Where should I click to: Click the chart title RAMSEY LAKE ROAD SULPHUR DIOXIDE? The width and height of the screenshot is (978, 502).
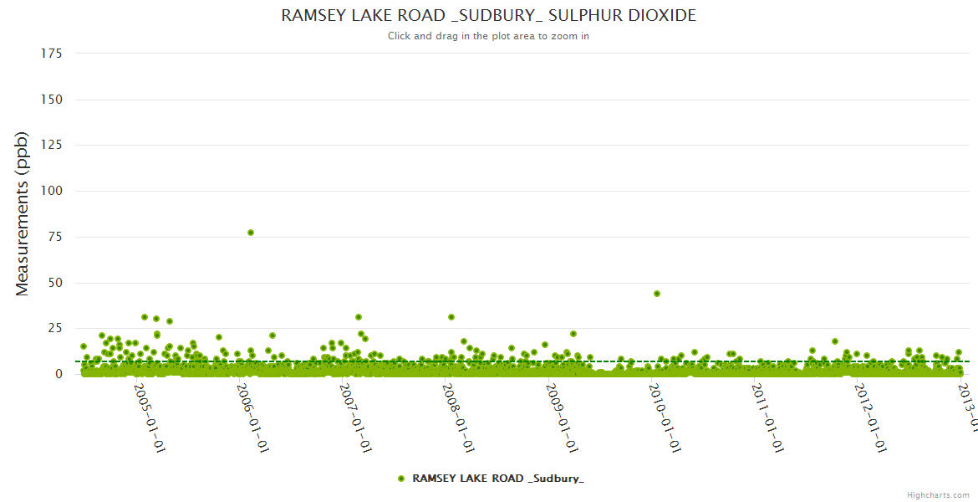488,16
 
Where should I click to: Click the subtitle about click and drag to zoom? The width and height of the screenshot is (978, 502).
488,36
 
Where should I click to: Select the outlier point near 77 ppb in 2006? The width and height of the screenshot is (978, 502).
251,233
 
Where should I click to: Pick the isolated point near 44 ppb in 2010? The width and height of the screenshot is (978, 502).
657,294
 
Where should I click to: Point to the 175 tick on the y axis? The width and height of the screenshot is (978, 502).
52,54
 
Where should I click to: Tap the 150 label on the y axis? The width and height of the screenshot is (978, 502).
52,100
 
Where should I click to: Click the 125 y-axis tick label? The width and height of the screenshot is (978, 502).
52,146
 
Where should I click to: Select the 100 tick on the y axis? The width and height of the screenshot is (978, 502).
52,191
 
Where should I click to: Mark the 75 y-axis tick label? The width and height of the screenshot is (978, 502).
55,237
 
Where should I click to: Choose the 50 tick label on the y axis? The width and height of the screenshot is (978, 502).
55,283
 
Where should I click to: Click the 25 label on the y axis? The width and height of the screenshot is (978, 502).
55,328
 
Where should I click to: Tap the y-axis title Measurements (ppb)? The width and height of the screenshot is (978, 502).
23,213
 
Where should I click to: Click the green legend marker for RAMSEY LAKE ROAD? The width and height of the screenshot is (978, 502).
401,479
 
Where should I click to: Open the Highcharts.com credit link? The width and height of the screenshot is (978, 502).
938,495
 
